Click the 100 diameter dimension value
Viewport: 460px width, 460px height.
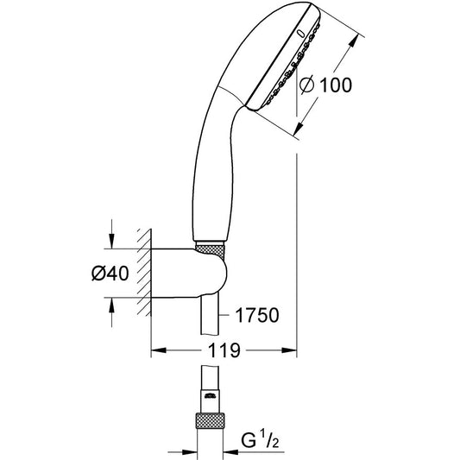pyautogui.click(x=336, y=85)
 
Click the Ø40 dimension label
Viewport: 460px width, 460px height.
pyautogui.click(x=110, y=273)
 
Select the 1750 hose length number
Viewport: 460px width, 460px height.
pyautogui.click(x=257, y=315)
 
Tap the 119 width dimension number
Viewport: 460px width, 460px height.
pyautogui.click(x=224, y=350)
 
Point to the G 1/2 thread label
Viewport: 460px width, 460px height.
pyautogui.click(x=260, y=440)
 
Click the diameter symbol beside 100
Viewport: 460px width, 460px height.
pyautogui.click(x=307, y=85)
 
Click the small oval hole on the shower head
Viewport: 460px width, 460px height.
pyautogui.click(x=300, y=34)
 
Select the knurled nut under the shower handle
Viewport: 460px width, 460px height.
pyautogui.click(x=210, y=252)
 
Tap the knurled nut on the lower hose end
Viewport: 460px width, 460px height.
pyautogui.click(x=210, y=421)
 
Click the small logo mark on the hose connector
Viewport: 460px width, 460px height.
pyautogui.click(x=210, y=396)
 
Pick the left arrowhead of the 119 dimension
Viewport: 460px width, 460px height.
pyautogui.click(x=159, y=350)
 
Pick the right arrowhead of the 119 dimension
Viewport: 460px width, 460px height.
pyautogui.click(x=289, y=350)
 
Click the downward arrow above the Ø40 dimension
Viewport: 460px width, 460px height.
pyautogui.click(x=111, y=241)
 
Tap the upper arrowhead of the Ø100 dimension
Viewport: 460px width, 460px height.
pyautogui.click(x=354, y=41)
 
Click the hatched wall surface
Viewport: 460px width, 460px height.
pyautogui.click(x=144, y=273)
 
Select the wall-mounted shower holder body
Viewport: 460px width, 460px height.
pyautogui.click(x=189, y=273)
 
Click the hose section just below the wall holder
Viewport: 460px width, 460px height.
pyautogui.click(x=210, y=314)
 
